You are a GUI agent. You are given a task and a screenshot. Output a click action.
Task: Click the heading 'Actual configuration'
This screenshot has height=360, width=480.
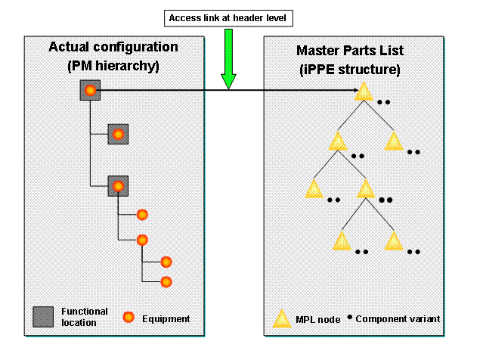click(x=113, y=47)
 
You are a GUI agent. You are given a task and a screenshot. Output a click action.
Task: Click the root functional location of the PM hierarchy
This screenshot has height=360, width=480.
click(x=90, y=92)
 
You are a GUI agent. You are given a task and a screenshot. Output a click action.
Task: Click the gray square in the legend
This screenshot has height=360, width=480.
click(x=43, y=317)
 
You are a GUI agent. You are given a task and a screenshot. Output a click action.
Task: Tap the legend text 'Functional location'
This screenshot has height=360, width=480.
click(x=85, y=317)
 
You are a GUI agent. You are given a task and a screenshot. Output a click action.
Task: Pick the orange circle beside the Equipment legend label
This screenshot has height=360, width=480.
click(x=129, y=317)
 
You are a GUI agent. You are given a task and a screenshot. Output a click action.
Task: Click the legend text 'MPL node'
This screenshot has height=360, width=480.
click(x=316, y=320)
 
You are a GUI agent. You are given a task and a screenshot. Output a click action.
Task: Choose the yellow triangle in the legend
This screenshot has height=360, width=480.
click(x=282, y=319)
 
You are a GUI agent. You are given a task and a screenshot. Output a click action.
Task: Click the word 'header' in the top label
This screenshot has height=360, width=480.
click(x=256, y=17)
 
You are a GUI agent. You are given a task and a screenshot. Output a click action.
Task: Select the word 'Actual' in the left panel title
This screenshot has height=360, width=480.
click(x=67, y=47)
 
